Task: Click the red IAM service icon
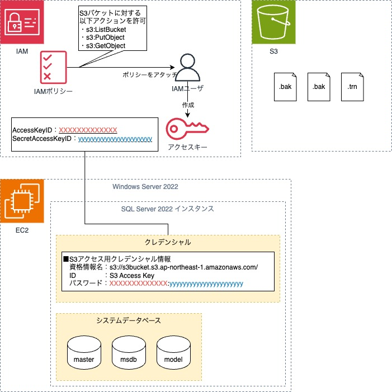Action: coord(22,22)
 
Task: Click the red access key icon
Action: coord(187,129)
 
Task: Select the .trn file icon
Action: coord(352,87)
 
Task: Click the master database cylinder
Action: coord(84,352)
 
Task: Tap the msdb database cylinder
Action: coord(129,352)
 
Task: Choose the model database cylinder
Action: coord(173,352)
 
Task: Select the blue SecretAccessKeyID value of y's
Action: coord(115,138)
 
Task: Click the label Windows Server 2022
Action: coord(145,186)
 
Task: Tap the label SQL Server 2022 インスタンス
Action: coord(168,209)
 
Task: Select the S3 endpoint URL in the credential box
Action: coord(184,267)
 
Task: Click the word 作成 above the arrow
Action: coord(188,105)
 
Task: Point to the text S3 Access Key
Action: coord(132,275)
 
